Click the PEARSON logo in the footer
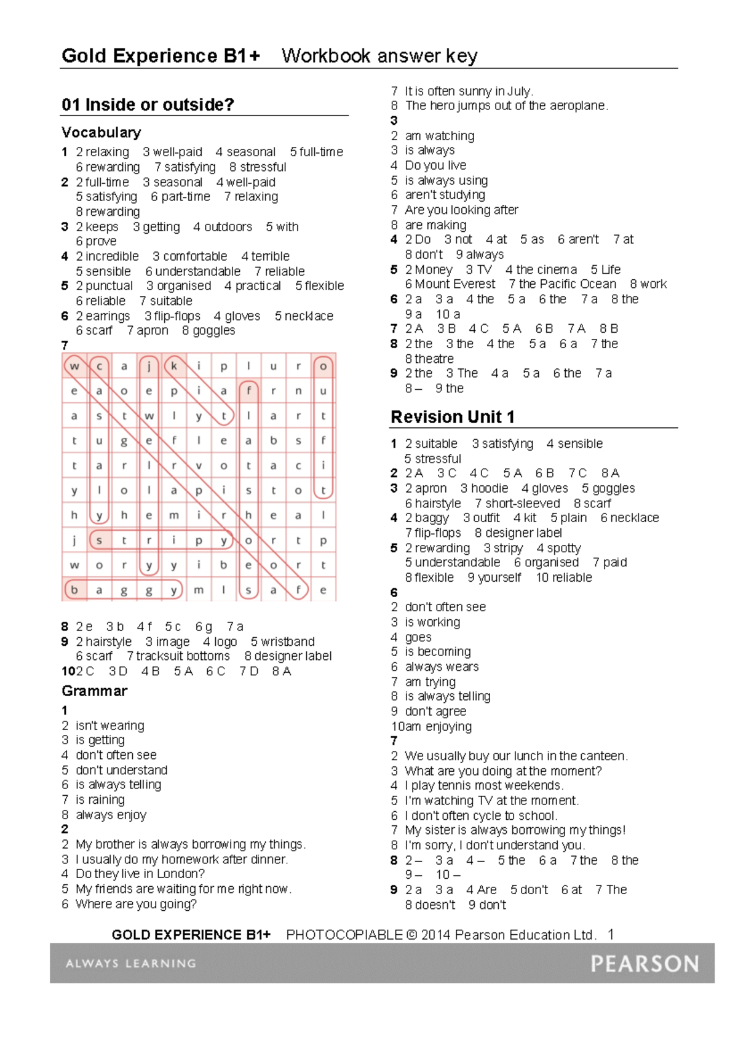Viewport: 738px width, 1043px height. [645, 963]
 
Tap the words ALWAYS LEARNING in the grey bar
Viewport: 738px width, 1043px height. [130, 964]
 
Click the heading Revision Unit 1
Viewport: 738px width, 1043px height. [452, 417]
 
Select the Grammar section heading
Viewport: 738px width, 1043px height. [94, 691]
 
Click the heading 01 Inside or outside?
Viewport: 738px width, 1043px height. [148, 105]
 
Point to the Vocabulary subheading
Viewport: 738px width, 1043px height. [101, 132]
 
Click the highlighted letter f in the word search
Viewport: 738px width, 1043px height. [248, 391]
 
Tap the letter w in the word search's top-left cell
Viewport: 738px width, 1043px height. [74, 367]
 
